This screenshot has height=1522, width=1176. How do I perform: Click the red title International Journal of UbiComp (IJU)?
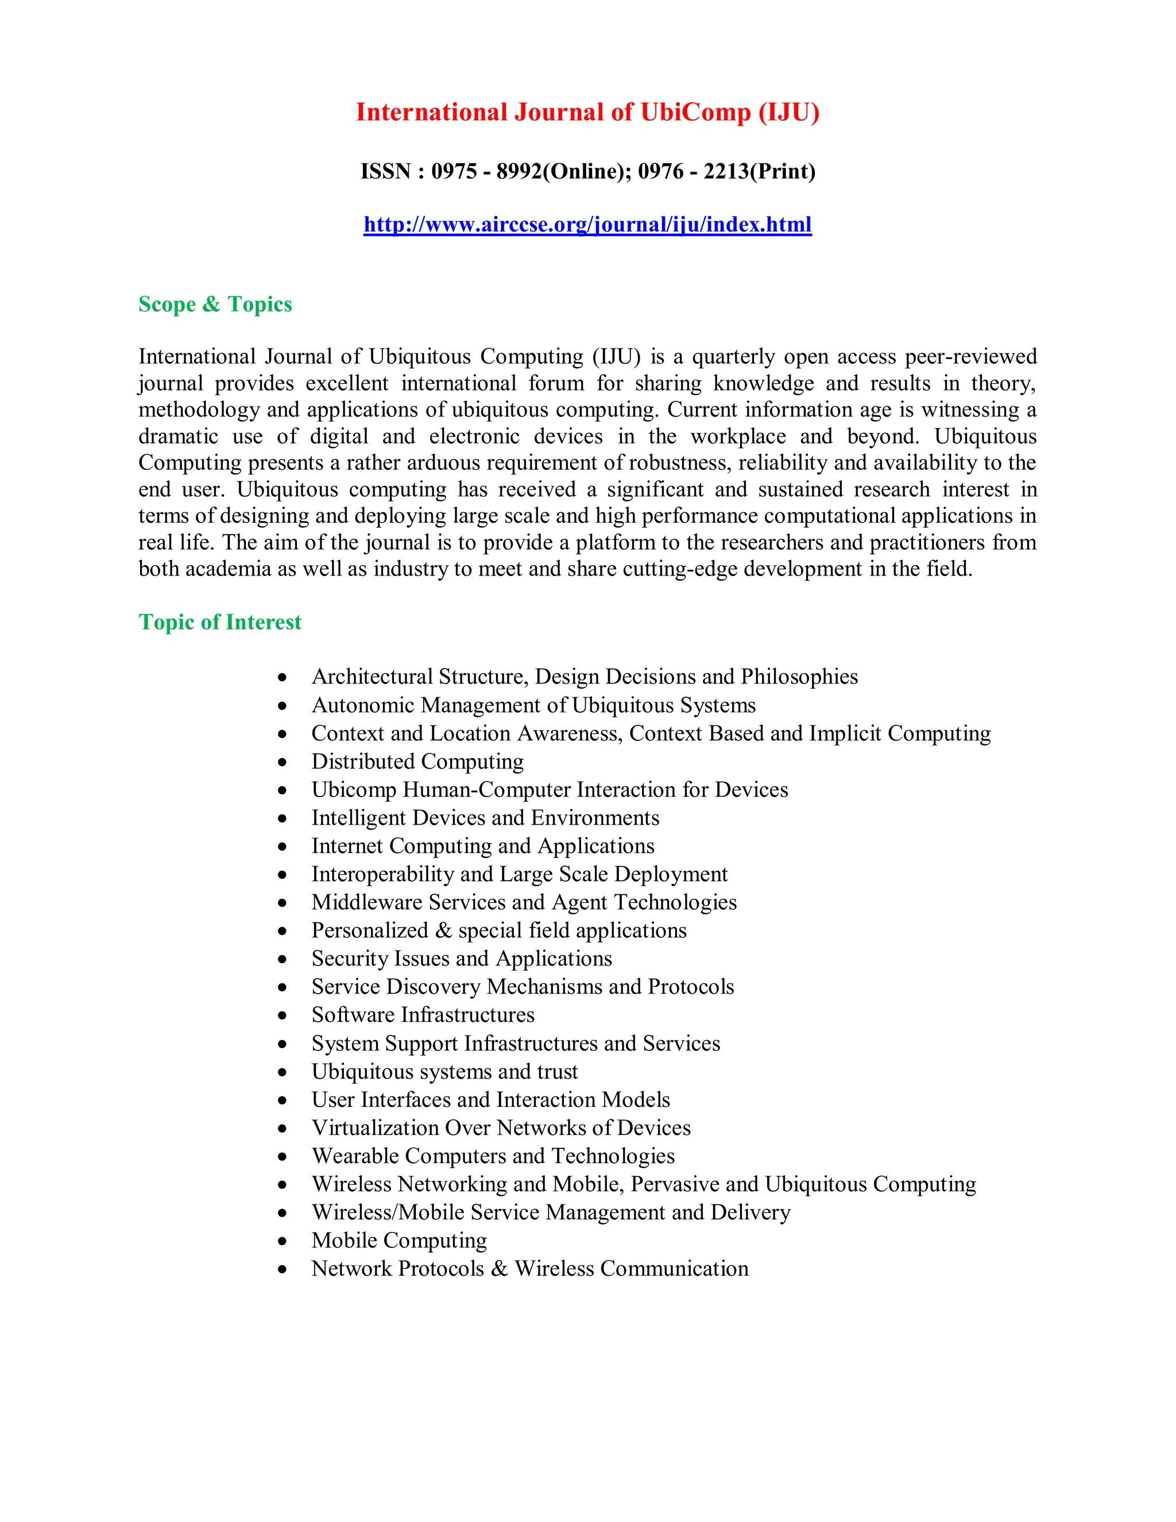[x=587, y=112]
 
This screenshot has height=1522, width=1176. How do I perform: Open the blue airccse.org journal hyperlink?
[x=587, y=225]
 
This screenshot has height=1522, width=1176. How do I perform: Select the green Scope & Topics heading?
[x=215, y=304]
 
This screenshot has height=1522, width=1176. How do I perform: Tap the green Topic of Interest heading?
[x=220, y=621]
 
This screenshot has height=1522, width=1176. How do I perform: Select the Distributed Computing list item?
[x=417, y=761]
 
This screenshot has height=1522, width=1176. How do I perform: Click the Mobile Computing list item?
[x=399, y=1240]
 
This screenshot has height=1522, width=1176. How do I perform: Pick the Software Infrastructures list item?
[x=423, y=1015]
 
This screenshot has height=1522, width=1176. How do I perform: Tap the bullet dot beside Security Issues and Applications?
[x=282, y=960]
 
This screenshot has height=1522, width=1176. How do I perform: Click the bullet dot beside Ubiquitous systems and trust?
[x=282, y=1072]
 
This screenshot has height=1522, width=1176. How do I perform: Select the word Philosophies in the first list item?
[x=799, y=677]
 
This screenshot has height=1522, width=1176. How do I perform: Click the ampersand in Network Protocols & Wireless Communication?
[x=499, y=1268]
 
